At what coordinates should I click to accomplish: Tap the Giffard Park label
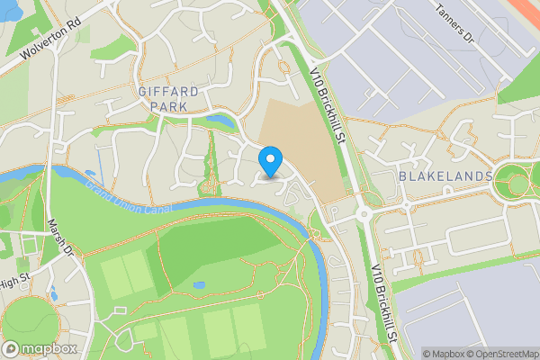[x=163, y=99]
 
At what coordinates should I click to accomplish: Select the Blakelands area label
[x=445, y=175]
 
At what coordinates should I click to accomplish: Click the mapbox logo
[x=39, y=348]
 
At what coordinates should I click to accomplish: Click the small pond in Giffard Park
[x=219, y=119]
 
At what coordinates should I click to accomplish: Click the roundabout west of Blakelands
[x=365, y=214]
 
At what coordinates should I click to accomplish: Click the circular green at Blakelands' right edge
[x=519, y=184]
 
